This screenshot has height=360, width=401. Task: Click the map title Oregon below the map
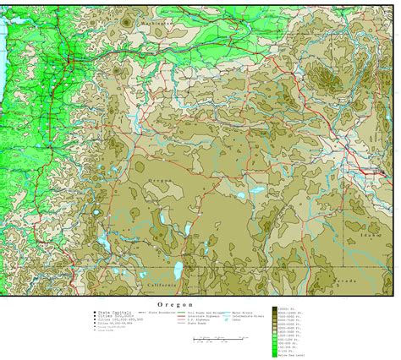coord(175,303)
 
